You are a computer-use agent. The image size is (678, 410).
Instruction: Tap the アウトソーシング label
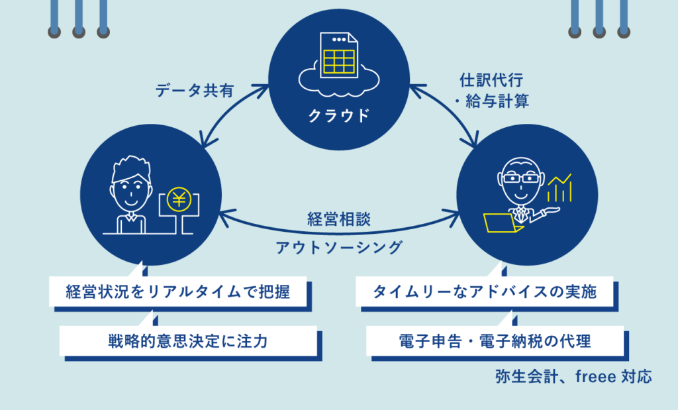339,248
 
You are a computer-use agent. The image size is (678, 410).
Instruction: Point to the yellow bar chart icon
559,189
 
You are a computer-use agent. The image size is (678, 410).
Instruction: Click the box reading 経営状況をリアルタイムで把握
178,291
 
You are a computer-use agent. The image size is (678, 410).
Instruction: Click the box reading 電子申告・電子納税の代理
495,342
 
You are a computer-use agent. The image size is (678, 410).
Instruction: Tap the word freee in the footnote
595,378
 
